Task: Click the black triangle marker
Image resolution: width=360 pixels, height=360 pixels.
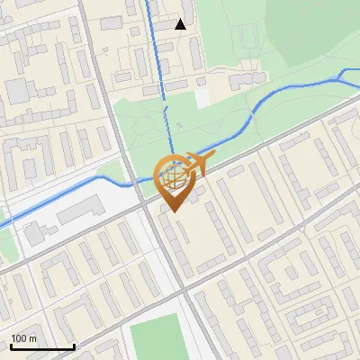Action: click(181, 24)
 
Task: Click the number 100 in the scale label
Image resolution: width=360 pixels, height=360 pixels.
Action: click(19, 338)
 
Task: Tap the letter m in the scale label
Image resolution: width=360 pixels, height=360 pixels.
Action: click(32, 338)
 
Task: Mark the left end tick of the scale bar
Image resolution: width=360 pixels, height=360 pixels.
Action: click(10, 346)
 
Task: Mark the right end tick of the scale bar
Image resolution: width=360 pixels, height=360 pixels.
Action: click(74, 346)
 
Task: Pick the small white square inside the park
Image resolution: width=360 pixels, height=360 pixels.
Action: click(202, 94)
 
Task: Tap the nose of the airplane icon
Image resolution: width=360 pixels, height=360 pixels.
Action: click(212, 157)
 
